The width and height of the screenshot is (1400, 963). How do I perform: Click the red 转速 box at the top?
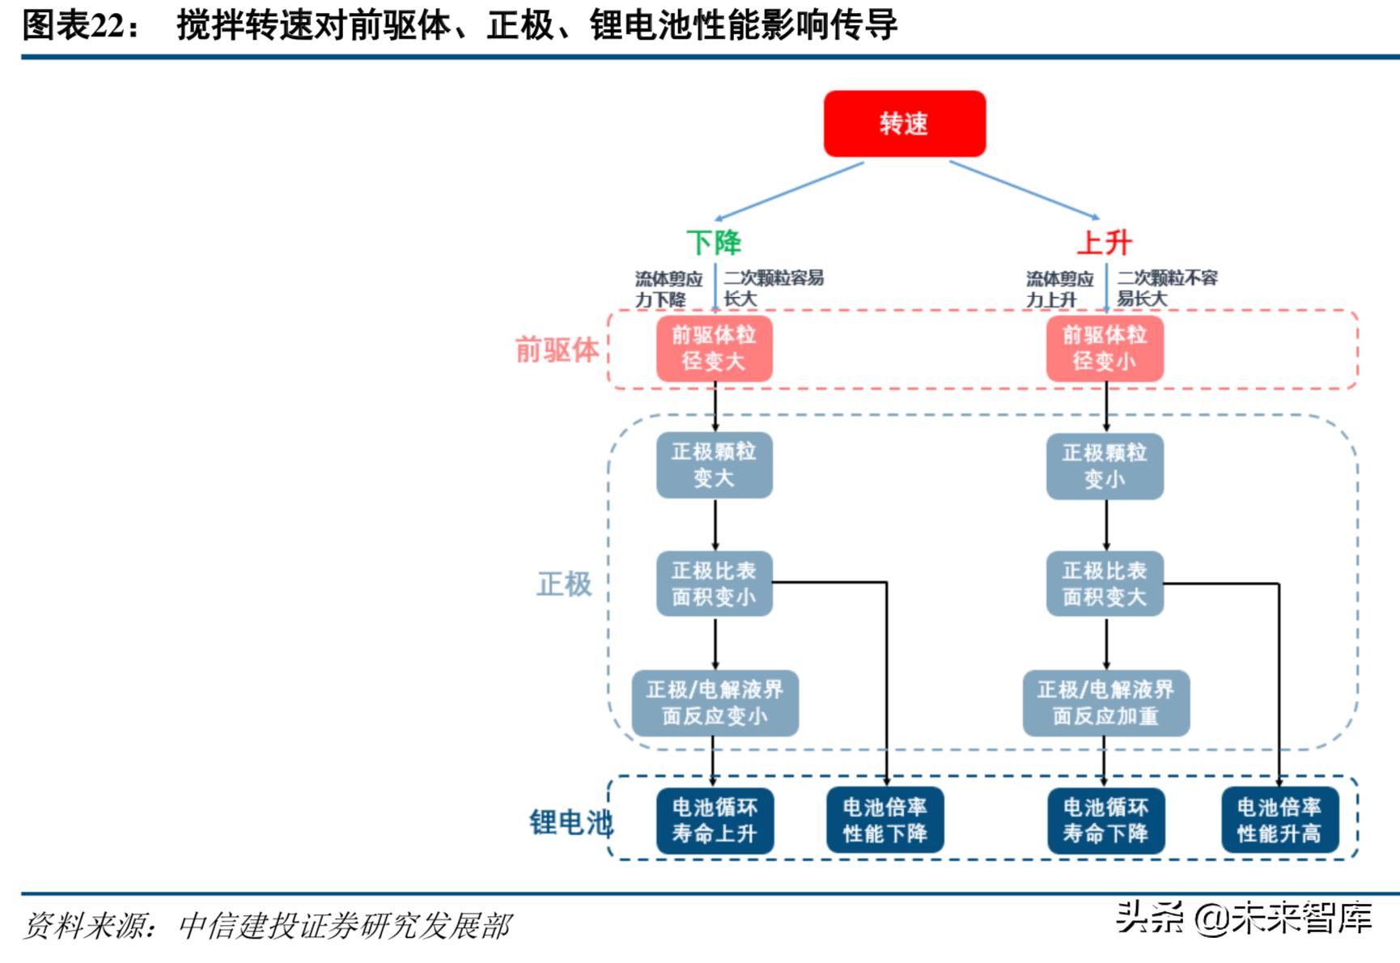[x=904, y=124]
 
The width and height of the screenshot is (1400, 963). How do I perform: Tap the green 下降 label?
[x=713, y=242]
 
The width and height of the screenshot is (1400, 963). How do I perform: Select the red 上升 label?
[x=1104, y=242]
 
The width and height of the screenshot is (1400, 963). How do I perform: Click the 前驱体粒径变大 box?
[x=714, y=348]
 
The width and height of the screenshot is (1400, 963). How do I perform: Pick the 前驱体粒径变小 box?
[x=1105, y=348]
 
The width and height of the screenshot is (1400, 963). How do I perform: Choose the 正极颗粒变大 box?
[x=714, y=465]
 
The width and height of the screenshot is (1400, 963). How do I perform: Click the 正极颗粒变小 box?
[x=1105, y=466]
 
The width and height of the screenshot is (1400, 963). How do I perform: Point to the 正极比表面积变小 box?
[x=714, y=583]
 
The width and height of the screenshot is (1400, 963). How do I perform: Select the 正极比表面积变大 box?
[x=1105, y=583]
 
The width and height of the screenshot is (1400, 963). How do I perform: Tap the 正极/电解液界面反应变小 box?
[x=715, y=702]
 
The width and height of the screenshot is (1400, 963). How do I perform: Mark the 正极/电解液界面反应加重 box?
[x=1105, y=702]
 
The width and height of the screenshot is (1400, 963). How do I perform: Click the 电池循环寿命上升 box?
[x=715, y=821]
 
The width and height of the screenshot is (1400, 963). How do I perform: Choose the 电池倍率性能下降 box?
[x=885, y=821]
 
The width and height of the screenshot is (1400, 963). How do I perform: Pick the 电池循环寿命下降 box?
[x=1105, y=821]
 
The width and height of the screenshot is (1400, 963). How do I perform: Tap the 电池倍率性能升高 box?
[x=1279, y=821]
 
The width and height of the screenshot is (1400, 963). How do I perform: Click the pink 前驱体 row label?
[x=557, y=350]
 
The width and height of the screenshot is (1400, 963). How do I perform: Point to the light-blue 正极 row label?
[x=564, y=583]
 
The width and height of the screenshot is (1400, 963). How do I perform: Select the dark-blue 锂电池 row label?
[x=571, y=822]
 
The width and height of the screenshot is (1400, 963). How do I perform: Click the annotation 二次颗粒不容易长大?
[x=1166, y=288]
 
